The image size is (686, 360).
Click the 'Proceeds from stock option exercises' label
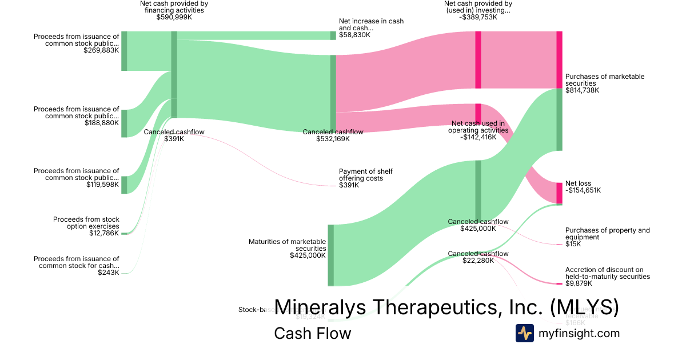86,223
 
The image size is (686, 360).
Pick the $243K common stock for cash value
109,273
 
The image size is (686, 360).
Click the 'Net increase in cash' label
371,25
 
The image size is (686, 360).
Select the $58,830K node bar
333,35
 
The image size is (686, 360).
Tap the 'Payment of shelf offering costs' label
366,174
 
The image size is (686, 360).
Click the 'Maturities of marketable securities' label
288,245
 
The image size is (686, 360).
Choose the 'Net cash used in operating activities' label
478,126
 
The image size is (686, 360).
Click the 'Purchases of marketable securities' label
604,80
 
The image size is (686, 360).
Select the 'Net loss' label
578,183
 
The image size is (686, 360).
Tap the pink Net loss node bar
560,193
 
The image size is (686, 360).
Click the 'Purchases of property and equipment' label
607,233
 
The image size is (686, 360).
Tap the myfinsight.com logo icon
524,333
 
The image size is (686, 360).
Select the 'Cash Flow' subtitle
312,333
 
